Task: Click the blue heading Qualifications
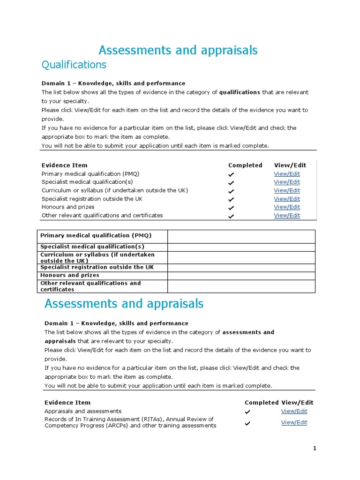tap(74, 64)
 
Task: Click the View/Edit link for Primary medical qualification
tap(287, 174)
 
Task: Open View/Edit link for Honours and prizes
tap(287, 207)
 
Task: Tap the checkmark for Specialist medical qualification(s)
tap(231, 183)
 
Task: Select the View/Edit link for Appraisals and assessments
tap(294, 411)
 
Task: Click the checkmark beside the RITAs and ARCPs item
tap(247, 423)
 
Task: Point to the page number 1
tap(315, 449)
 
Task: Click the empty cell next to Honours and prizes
tap(241, 276)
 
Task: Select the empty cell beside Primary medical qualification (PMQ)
tap(241, 236)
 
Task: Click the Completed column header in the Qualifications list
tap(245, 165)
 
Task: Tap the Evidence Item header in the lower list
tap(67, 403)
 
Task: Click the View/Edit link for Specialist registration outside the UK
tap(287, 199)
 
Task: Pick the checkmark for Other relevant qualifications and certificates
tap(231, 217)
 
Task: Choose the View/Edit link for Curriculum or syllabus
tap(287, 190)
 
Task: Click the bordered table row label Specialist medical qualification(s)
tap(92, 247)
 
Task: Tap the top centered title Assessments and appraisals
tap(178, 50)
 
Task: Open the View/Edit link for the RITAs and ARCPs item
tap(294, 422)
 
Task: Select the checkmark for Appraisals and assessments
tap(247, 412)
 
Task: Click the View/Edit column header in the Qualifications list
tap(290, 165)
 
